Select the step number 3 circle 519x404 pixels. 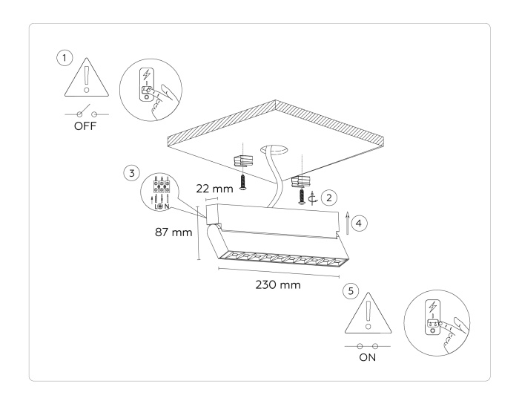point(131,173)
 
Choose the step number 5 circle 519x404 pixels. point(352,292)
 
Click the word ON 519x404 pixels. point(367,356)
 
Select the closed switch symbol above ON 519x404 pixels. point(367,345)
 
